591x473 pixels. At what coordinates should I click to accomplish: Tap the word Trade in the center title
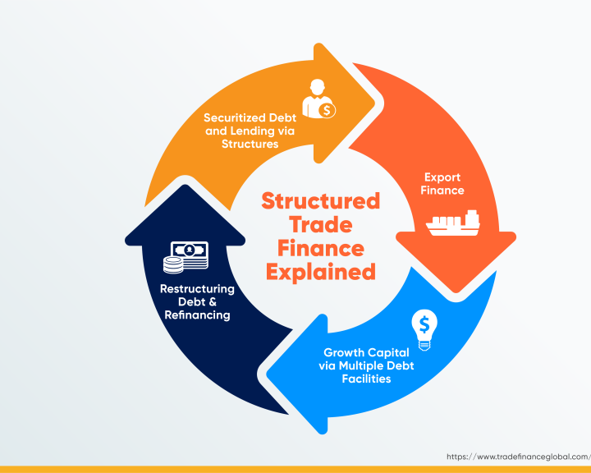click(x=321, y=225)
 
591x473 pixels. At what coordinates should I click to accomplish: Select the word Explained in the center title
click(x=321, y=273)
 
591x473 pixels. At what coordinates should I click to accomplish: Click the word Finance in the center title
click(x=321, y=249)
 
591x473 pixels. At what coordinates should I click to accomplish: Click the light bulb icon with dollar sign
click(x=424, y=330)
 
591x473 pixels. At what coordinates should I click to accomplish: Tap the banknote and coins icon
click(x=186, y=257)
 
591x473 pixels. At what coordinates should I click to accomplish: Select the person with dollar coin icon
click(x=318, y=99)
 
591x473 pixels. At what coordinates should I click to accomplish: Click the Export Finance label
click(x=442, y=184)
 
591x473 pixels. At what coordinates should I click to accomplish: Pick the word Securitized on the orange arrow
click(x=234, y=117)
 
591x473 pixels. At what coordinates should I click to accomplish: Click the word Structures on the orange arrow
click(x=250, y=144)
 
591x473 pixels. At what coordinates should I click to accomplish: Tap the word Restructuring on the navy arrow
click(x=197, y=289)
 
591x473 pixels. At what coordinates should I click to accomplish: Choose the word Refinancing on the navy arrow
click(x=197, y=315)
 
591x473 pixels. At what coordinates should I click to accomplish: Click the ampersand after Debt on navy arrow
click(x=213, y=301)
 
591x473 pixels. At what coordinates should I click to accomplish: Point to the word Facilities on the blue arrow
click(x=366, y=379)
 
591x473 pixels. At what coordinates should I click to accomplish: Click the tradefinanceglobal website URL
click(x=519, y=457)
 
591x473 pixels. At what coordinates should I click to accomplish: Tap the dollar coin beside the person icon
click(x=327, y=111)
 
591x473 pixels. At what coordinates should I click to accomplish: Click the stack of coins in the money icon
click(x=173, y=264)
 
